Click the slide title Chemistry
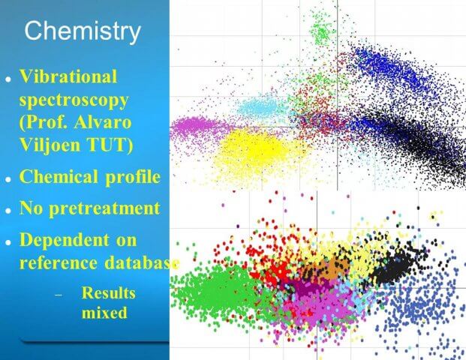tap(83, 31)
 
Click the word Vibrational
tap(68, 76)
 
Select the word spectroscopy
tap(74, 100)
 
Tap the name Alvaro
tap(103, 122)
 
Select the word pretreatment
tap(104, 208)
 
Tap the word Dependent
tap(65, 240)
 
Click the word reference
tap(59, 263)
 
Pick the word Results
tap(109, 292)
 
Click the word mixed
tap(104, 313)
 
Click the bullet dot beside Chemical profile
tap(8, 179)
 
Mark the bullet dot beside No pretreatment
tap(8, 210)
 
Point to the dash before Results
tap(59, 295)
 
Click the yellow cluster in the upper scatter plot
tap(259, 151)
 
